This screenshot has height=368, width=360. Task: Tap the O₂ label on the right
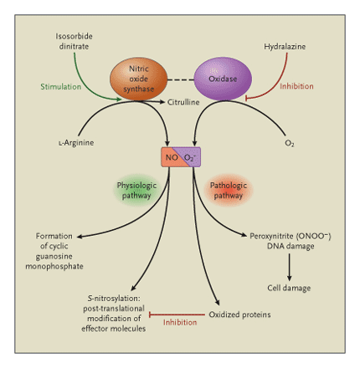tap(289, 143)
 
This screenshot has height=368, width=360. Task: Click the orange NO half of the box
tap(170, 156)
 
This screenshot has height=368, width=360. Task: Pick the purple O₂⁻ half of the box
tap(190, 156)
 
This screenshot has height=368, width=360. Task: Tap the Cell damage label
tap(290, 288)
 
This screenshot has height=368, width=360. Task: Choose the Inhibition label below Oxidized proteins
tap(180, 322)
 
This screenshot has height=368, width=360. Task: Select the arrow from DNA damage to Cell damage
tap(290, 266)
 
